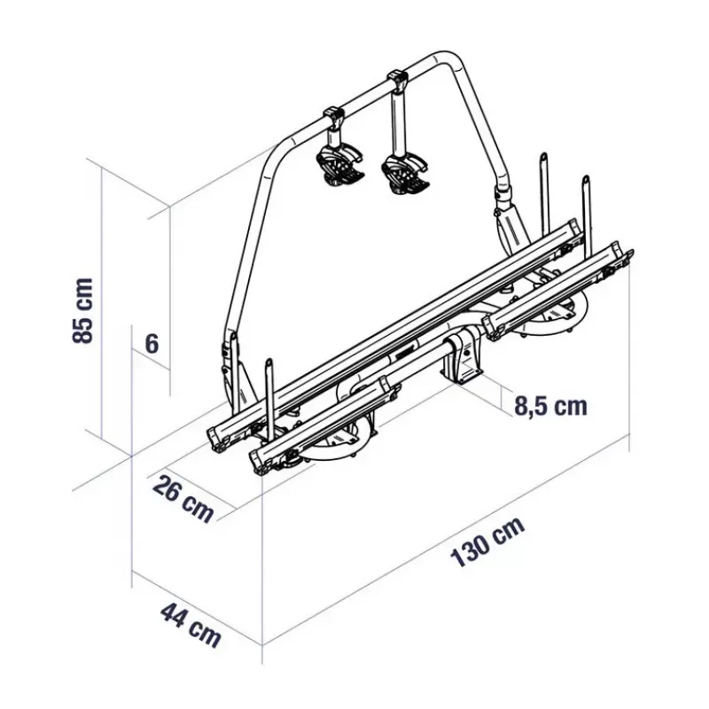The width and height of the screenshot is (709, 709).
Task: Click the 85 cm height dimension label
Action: [x=83, y=310]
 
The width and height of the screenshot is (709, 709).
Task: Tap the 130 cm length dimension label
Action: [x=488, y=541]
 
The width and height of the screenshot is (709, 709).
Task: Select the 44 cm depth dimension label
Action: [x=191, y=626]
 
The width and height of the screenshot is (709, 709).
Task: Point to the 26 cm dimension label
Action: [x=183, y=499]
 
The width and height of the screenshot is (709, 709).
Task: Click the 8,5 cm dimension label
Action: [x=550, y=406]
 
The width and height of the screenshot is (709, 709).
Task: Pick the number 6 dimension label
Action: [x=152, y=344]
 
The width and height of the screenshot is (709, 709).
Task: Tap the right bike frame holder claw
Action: [x=405, y=174]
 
